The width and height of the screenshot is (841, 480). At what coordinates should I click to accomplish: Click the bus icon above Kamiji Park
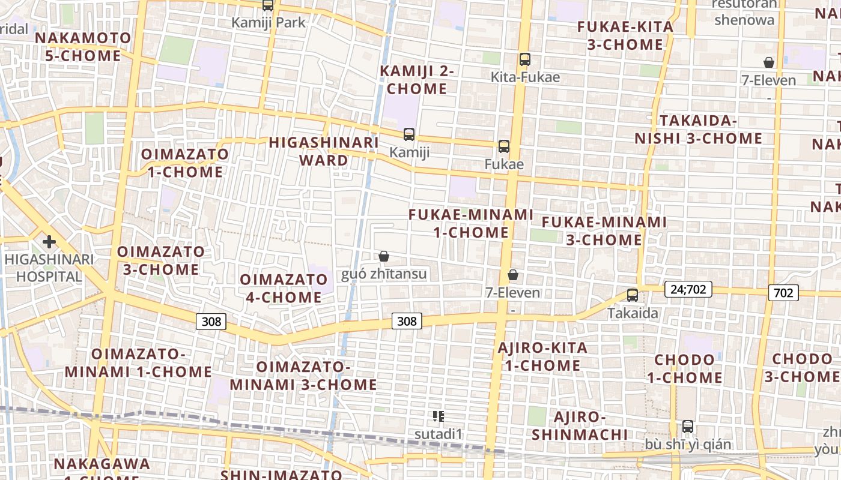click(268, 5)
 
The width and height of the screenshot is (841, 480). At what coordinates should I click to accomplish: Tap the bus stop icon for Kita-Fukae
click(525, 59)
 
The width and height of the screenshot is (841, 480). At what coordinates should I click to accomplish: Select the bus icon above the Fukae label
click(504, 146)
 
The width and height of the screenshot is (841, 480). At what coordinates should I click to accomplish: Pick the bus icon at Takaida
click(633, 295)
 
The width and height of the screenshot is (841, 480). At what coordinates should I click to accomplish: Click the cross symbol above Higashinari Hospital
click(49, 242)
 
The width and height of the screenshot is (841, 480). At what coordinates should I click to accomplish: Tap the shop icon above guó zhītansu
click(384, 257)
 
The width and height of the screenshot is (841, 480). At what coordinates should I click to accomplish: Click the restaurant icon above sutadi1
click(439, 416)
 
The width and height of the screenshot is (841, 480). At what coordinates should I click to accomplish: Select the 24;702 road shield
click(688, 290)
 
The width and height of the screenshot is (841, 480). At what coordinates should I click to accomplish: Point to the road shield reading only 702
click(783, 293)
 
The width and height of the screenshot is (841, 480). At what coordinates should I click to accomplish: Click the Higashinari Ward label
click(324, 151)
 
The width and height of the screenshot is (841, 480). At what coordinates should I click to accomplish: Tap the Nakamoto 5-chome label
click(83, 47)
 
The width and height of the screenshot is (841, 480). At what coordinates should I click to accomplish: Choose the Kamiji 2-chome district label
click(417, 80)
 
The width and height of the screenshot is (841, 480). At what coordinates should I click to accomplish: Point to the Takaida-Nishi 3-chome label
click(698, 130)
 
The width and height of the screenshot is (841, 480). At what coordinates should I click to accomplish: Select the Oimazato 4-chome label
click(284, 288)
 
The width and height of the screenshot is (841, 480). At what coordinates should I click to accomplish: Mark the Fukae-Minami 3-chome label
click(604, 231)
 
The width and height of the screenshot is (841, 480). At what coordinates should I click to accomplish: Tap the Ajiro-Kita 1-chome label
click(542, 356)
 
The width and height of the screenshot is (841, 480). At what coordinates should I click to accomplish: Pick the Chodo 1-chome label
click(685, 368)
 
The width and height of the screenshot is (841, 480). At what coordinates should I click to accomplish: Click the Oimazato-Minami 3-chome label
click(303, 376)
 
